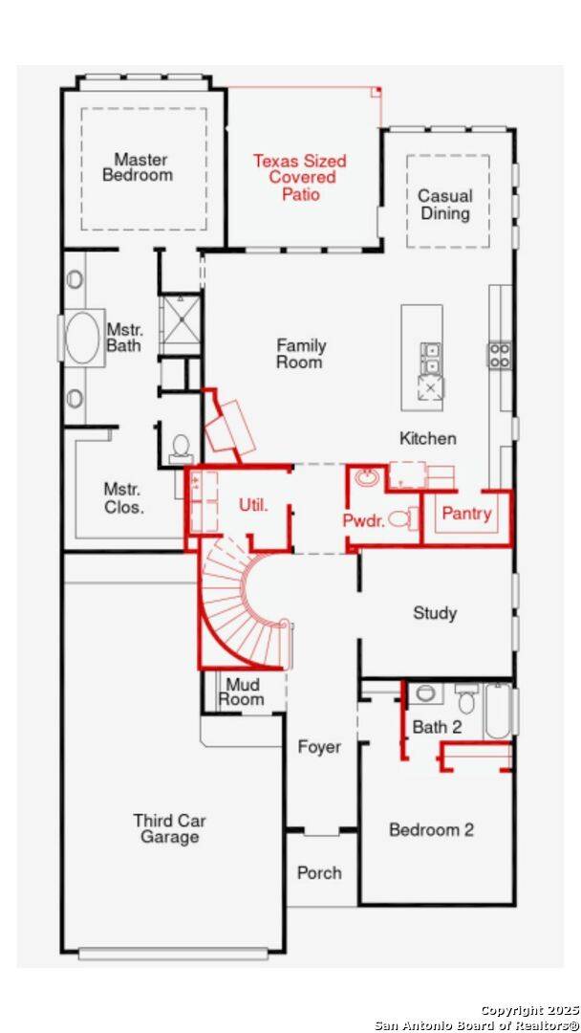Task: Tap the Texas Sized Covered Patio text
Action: pos(300,177)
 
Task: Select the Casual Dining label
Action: pos(445,205)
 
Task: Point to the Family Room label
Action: pos(300,353)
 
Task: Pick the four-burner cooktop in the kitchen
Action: pos(500,355)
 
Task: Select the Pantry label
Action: pos(466,514)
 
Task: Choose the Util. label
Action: pos(252,506)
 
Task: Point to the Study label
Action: pos(434,613)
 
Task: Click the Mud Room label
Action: pos(241,692)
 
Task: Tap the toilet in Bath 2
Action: pos(466,699)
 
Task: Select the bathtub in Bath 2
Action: pos(498,713)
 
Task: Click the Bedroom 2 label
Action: pos(431,828)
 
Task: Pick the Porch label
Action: pos(319,873)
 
